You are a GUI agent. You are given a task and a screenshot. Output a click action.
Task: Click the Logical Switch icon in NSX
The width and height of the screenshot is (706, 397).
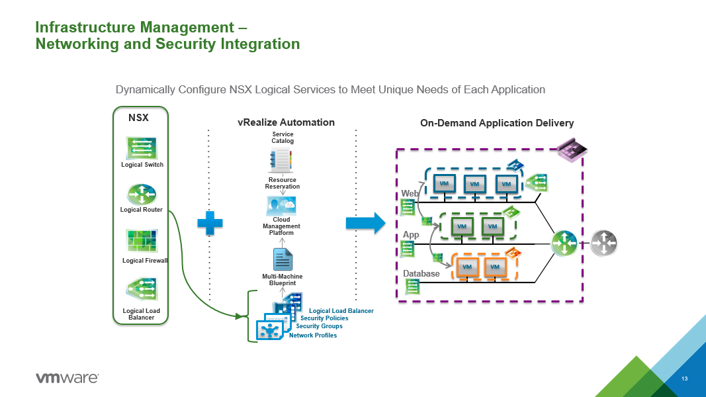tap(142, 147)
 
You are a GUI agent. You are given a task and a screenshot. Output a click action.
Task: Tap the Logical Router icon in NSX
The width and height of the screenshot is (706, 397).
tap(142, 194)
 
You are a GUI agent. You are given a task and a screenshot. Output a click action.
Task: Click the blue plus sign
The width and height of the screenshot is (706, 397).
tap(210, 224)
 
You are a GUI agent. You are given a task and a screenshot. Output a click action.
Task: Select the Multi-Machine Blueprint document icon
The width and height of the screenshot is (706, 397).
tap(283, 257)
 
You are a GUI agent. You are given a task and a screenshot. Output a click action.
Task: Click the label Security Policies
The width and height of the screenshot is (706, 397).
tap(324, 318)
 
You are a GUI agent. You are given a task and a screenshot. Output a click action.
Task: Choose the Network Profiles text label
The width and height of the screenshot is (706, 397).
tap(313, 335)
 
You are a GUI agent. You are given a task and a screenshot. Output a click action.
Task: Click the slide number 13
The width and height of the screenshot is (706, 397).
tap(685, 378)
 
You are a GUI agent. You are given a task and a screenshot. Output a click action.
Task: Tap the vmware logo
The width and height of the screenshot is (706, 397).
tap(67, 378)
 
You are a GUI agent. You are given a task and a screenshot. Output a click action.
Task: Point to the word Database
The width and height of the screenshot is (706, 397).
tap(421, 273)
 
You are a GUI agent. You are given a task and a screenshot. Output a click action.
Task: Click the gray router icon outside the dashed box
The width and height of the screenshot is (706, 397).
tap(603, 243)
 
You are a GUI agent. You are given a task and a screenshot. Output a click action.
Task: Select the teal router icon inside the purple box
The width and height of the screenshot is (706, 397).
tap(564, 242)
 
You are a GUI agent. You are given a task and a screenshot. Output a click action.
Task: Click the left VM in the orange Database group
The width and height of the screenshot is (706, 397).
tap(467, 267)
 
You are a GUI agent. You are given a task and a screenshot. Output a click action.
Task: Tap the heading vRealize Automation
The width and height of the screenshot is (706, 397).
tap(286, 122)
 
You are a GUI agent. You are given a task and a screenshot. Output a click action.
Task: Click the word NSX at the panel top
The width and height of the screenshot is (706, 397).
tap(138, 118)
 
